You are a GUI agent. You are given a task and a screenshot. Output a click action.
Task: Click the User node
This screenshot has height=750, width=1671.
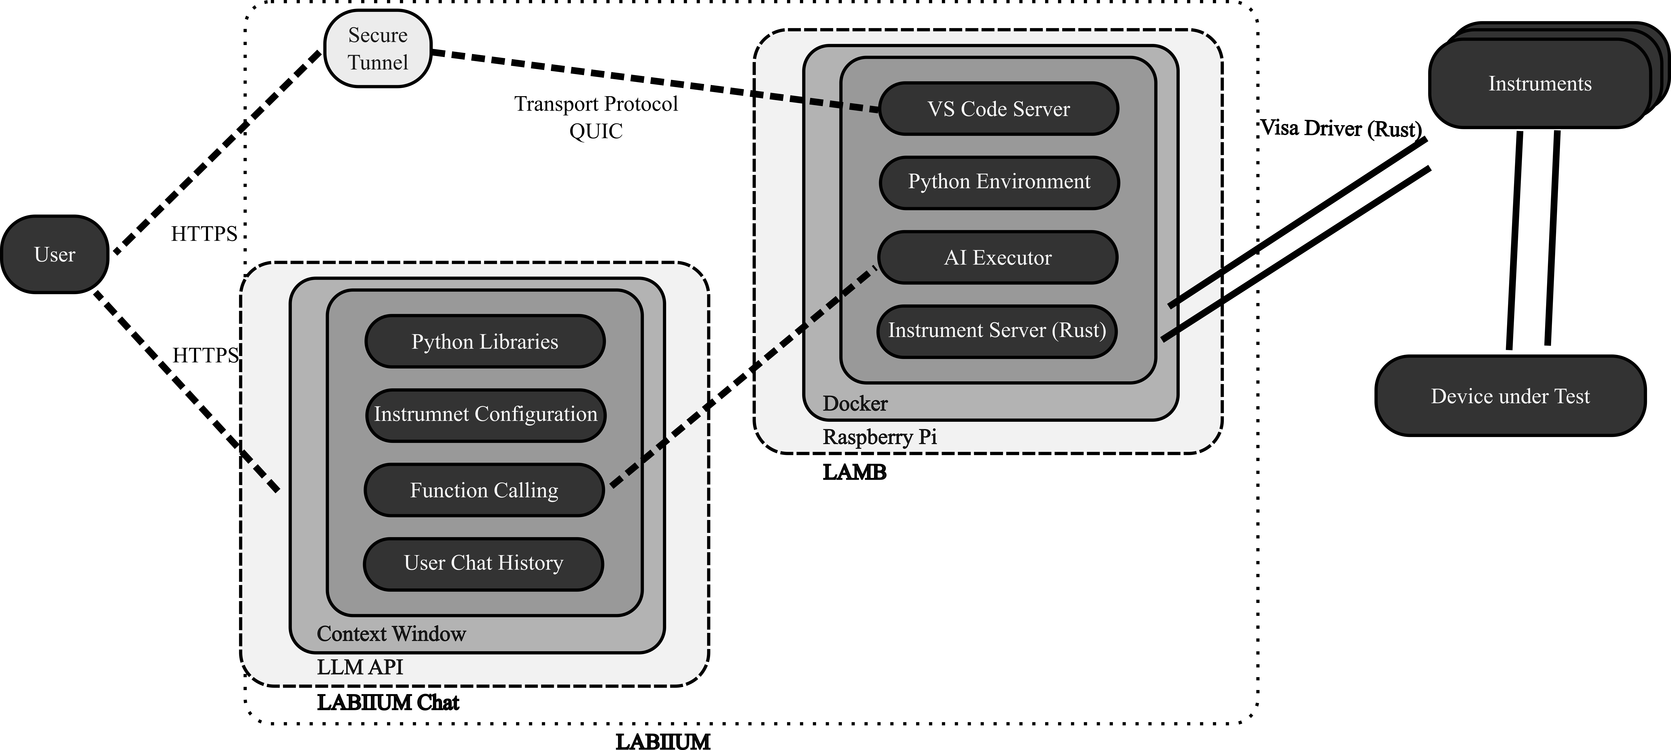(x=55, y=254)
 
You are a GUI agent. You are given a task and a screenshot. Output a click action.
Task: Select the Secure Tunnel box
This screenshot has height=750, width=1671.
(x=378, y=49)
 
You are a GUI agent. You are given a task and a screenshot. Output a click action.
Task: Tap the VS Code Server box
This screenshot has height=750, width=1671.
(x=998, y=109)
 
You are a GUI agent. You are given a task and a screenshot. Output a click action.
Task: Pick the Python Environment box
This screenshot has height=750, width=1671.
(x=999, y=182)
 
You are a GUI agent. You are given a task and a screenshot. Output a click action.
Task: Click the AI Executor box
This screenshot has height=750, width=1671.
(x=998, y=258)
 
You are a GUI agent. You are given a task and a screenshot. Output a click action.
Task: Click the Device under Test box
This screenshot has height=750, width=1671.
(x=1510, y=396)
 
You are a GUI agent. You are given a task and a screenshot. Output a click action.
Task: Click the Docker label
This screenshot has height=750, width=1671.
(x=855, y=403)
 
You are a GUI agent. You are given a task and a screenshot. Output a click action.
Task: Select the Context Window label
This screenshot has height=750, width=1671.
(x=391, y=634)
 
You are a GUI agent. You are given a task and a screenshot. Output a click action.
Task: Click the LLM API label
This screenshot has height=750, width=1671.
(x=360, y=667)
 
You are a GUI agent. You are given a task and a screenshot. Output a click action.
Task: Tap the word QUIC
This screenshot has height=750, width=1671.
(x=596, y=131)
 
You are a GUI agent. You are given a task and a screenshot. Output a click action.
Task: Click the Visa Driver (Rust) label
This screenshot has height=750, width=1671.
(x=1340, y=129)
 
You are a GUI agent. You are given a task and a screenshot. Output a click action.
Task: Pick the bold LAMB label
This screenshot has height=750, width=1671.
(x=854, y=472)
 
